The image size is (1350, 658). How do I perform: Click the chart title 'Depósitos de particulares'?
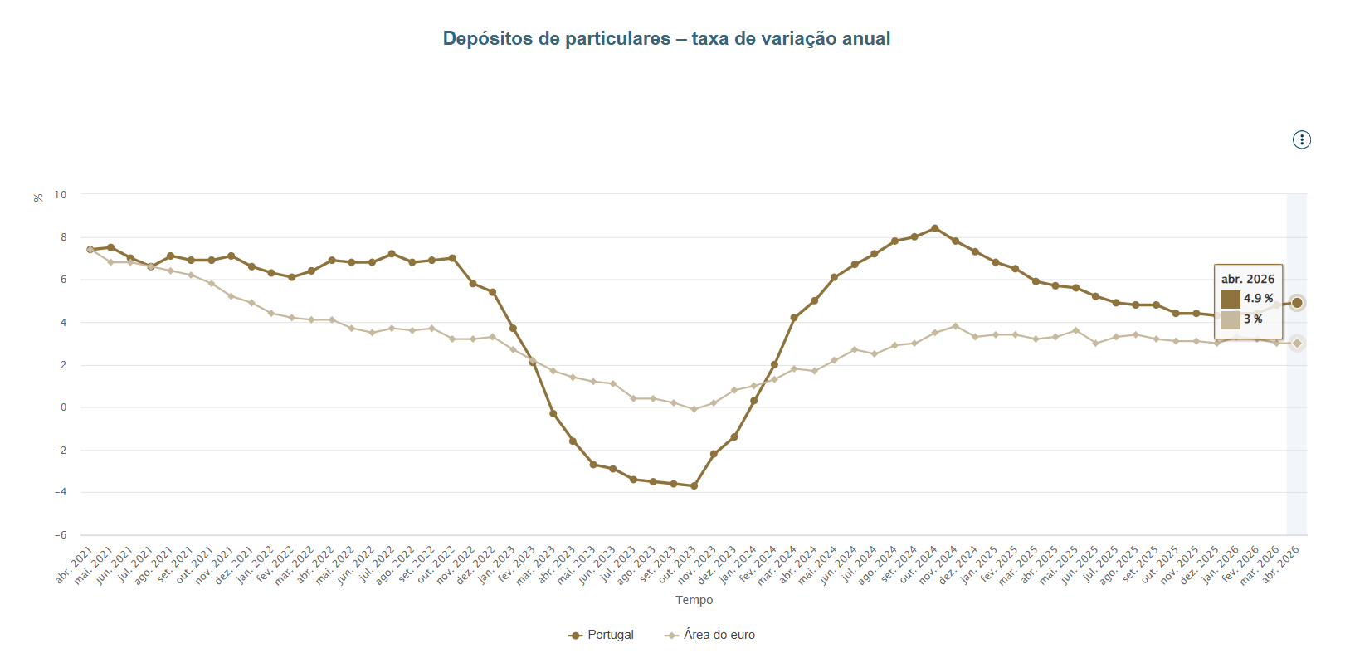click(556, 38)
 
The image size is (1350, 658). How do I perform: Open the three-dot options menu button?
click(1301, 139)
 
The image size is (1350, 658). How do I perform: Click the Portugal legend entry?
click(601, 635)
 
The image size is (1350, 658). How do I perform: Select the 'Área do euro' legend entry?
click(709, 635)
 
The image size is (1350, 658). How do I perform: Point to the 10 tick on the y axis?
click(61, 195)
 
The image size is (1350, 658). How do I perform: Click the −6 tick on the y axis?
click(61, 535)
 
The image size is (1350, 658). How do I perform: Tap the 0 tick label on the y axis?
click(63, 407)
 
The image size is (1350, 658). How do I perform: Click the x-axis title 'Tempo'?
click(694, 600)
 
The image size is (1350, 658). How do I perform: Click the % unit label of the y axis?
click(38, 197)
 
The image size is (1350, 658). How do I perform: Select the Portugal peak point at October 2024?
click(935, 228)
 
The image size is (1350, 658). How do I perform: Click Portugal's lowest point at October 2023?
click(694, 485)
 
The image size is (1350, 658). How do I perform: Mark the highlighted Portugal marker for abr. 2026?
click(1297, 303)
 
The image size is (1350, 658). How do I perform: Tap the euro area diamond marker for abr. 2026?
click(1297, 344)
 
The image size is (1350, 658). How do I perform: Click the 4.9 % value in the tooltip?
click(1259, 298)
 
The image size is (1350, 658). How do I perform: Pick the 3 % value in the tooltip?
click(1253, 319)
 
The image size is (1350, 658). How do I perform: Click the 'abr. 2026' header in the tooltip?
click(1248, 279)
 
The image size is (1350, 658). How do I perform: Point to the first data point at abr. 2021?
click(90, 250)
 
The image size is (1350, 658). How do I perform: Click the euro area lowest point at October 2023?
click(694, 409)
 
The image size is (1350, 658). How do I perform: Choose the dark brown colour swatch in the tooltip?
click(1231, 299)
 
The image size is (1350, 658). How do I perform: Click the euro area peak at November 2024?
click(955, 326)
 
